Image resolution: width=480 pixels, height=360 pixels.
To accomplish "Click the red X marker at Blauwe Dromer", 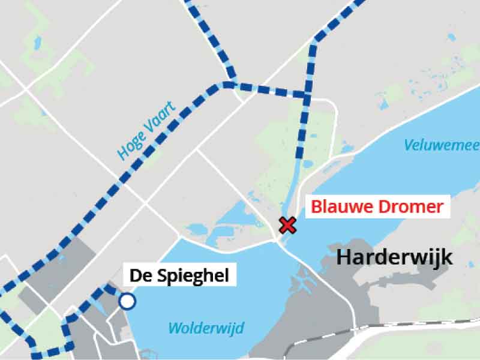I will coord(288,226).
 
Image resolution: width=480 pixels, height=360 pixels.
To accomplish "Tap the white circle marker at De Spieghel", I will coord(127,301).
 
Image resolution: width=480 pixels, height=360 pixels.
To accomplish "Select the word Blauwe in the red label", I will coord(337,208).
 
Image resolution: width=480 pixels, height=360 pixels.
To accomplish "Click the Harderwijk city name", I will coord(394,257).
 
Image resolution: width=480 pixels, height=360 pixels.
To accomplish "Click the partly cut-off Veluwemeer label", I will coord(441,145).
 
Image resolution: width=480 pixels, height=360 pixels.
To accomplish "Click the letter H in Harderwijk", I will coord(344,257).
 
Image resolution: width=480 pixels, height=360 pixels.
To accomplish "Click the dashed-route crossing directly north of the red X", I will coord(307,95).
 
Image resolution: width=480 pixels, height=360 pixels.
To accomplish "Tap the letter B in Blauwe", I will coord(316,208).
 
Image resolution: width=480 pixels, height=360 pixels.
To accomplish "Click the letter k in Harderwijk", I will coord(446,257).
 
